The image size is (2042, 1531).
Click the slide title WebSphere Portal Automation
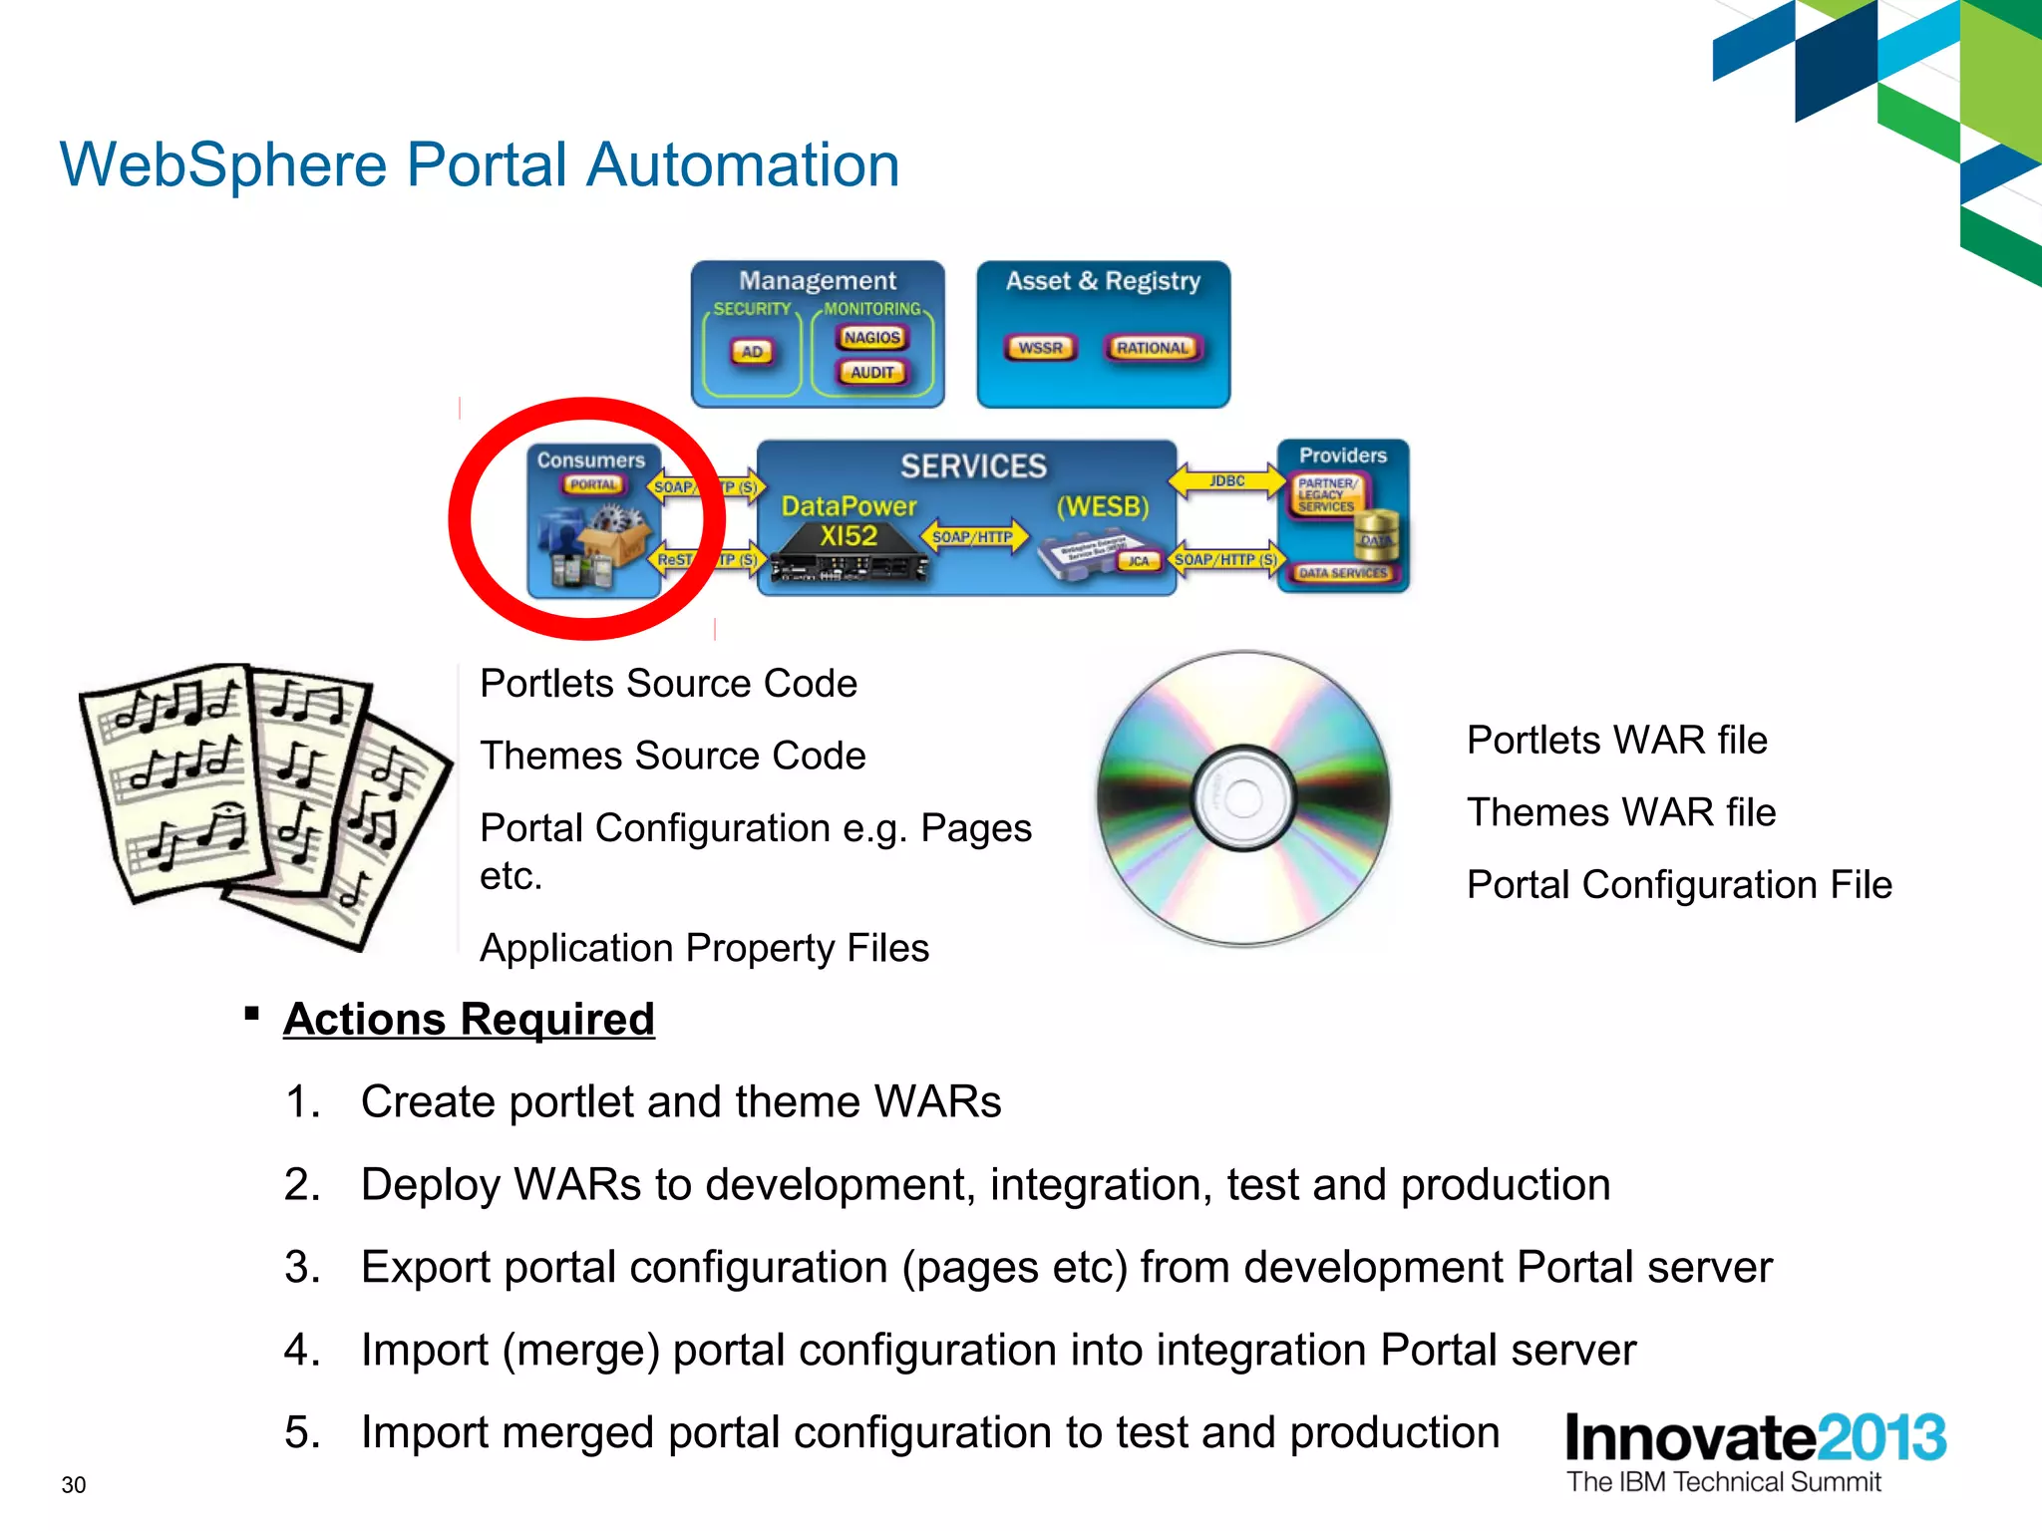(480, 164)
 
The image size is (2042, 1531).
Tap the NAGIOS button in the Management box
(871, 338)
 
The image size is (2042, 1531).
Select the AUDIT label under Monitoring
(872, 373)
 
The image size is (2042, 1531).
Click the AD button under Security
(752, 352)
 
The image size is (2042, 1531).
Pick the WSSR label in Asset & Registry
(1040, 348)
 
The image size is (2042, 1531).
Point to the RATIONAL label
(1153, 348)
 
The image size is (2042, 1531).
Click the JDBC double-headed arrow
(1226, 480)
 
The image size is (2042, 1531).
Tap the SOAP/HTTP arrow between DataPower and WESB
(972, 537)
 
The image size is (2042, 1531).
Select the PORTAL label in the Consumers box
(593, 485)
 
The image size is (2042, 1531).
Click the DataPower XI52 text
(849, 521)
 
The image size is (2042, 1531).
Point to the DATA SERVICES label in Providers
(1342, 573)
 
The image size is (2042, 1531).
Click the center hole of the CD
(1243, 797)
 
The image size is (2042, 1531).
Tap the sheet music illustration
(264, 802)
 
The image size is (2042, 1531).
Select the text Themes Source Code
(673, 757)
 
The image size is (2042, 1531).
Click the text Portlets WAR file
(1616, 741)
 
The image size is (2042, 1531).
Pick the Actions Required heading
(469, 1020)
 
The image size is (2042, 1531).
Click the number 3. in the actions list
(302, 1268)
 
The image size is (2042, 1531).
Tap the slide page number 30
(74, 1485)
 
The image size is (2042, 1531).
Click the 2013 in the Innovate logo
(1880, 1438)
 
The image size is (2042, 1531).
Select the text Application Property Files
(704, 948)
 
